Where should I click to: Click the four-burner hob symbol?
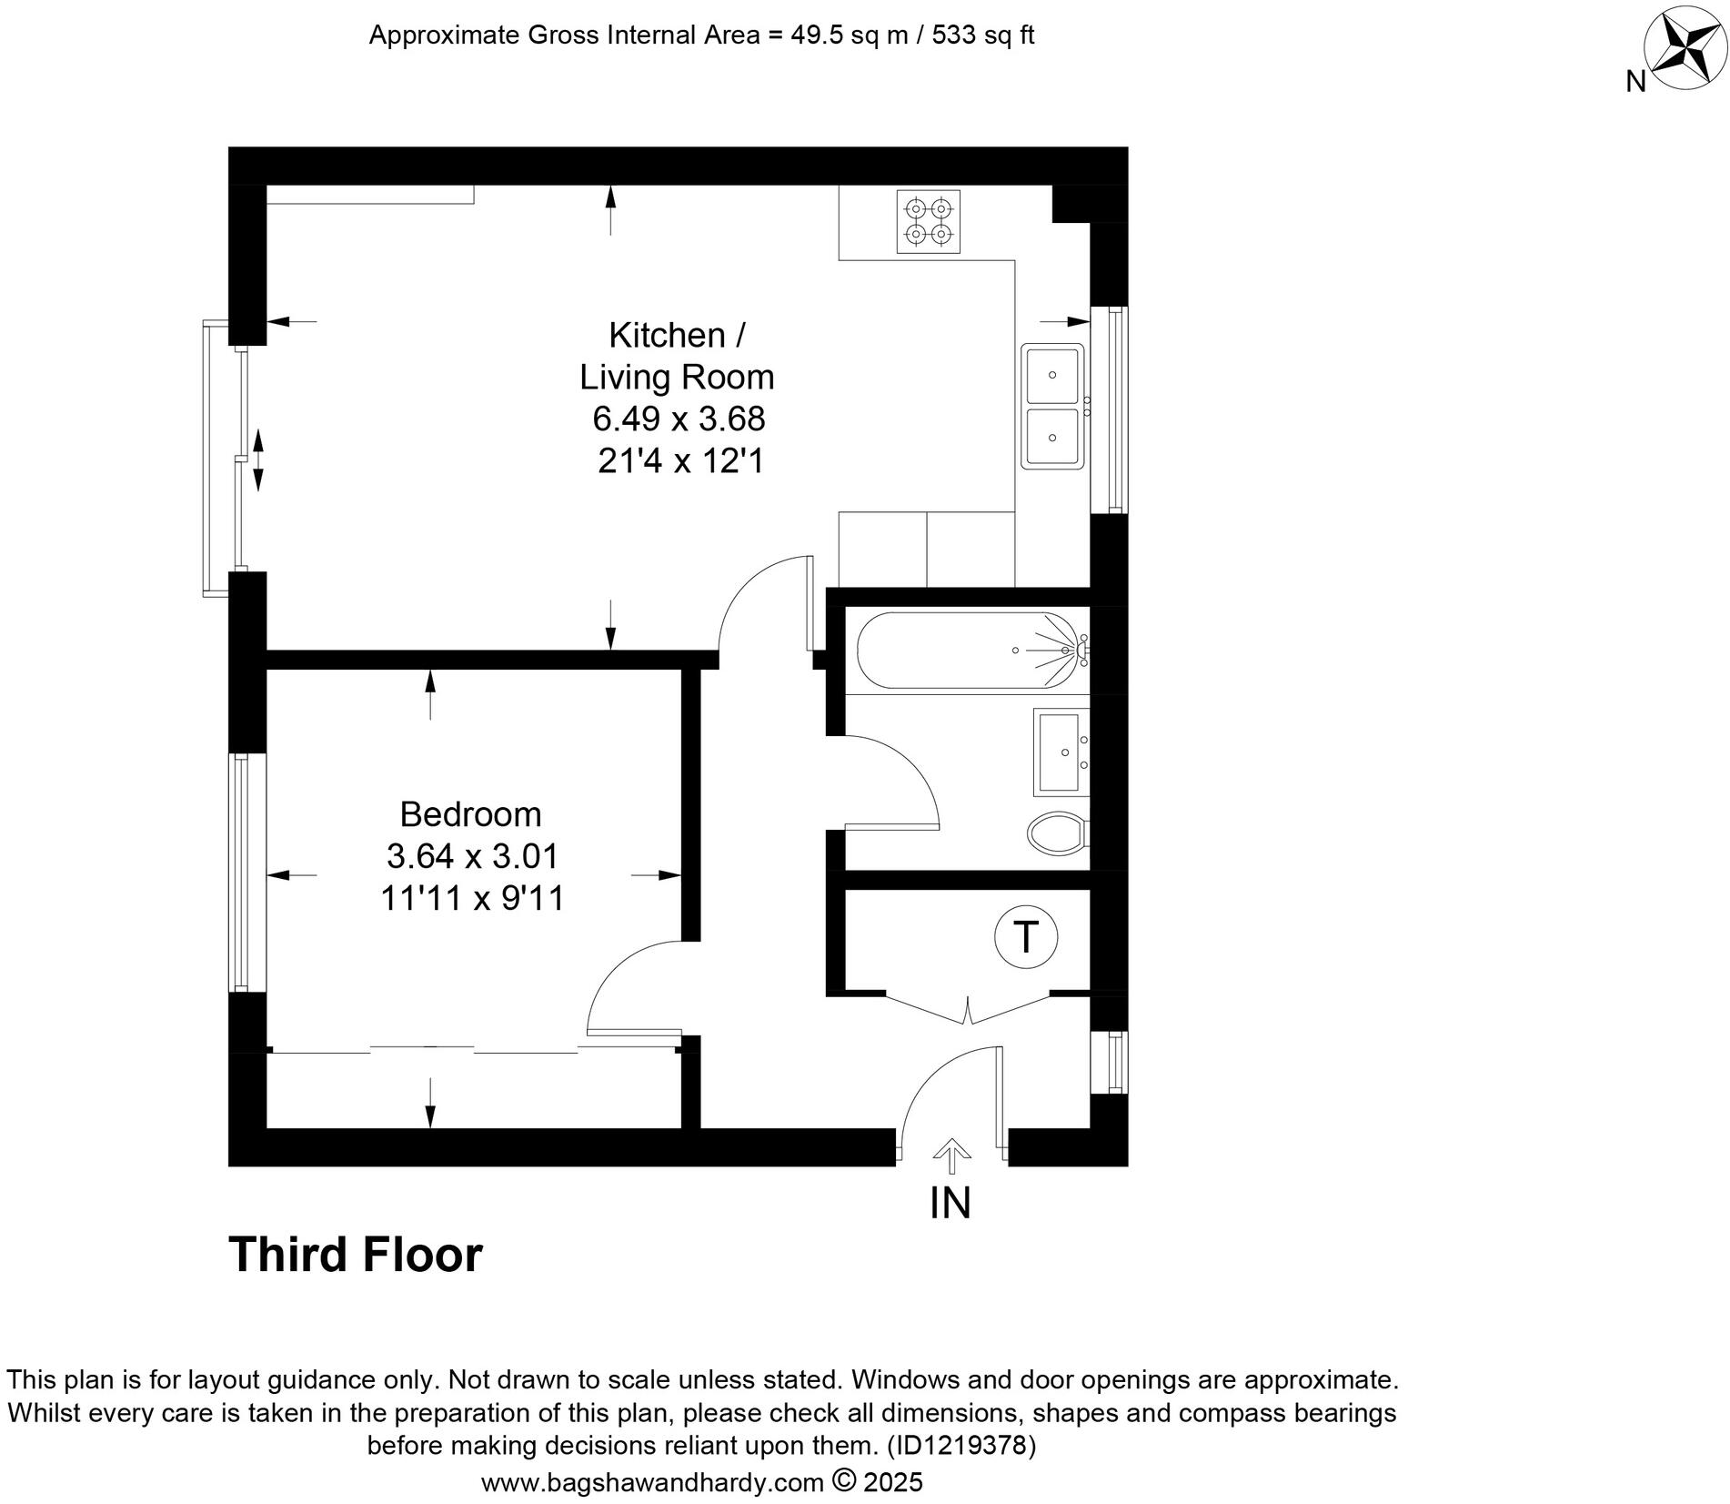tap(928, 221)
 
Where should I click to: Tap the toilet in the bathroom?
tap(1058, 832)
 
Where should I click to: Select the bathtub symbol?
tap(968, 651)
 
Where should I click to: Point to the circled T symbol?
tap(1026, 936)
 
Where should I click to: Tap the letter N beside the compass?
tap(1635, 82)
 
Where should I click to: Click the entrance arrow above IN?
tap(951, 1156)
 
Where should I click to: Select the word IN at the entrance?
tap(950, 1203)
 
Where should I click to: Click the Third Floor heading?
tap(355, 1255)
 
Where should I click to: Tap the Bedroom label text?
tap(470, 814)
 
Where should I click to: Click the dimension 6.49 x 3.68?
tap(679, 419)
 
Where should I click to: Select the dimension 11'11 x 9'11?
tap(472, 899)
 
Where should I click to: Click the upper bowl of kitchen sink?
tap(1052, 374)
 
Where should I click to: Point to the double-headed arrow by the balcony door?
tap(257, 460)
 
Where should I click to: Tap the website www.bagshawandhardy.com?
tap(652, 1483)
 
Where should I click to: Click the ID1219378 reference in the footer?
tap(961, 1445)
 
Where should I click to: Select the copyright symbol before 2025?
tap(845, 1480)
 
